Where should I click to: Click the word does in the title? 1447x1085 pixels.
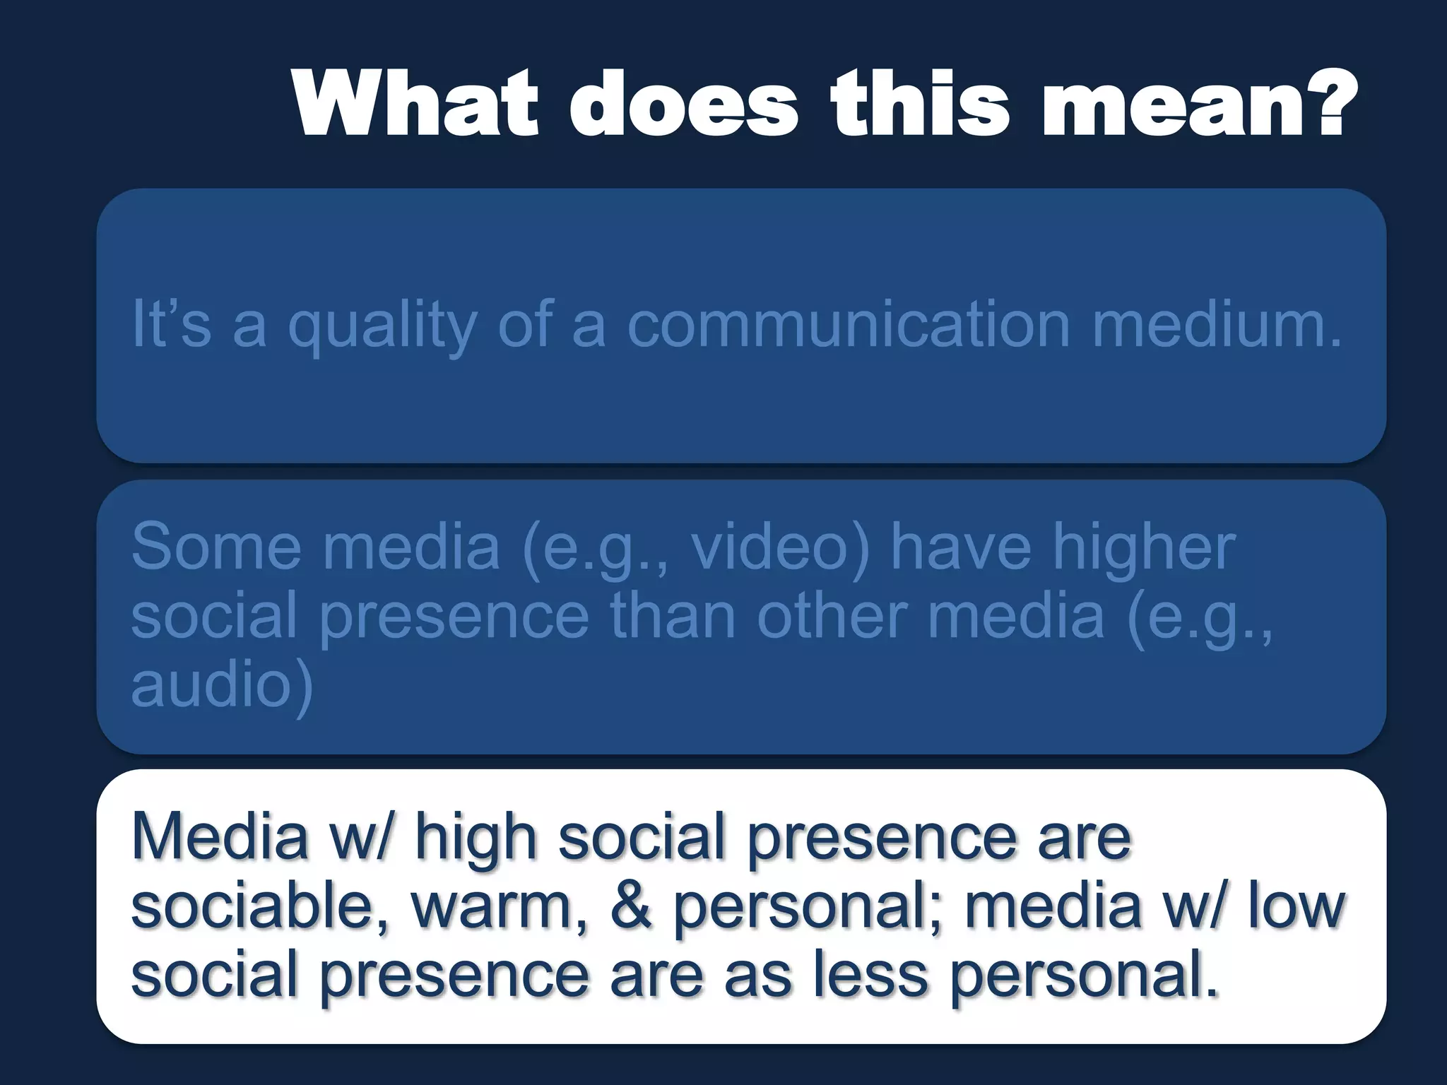tap(683, 104)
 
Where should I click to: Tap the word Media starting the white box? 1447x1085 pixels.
tap(220, 836)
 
